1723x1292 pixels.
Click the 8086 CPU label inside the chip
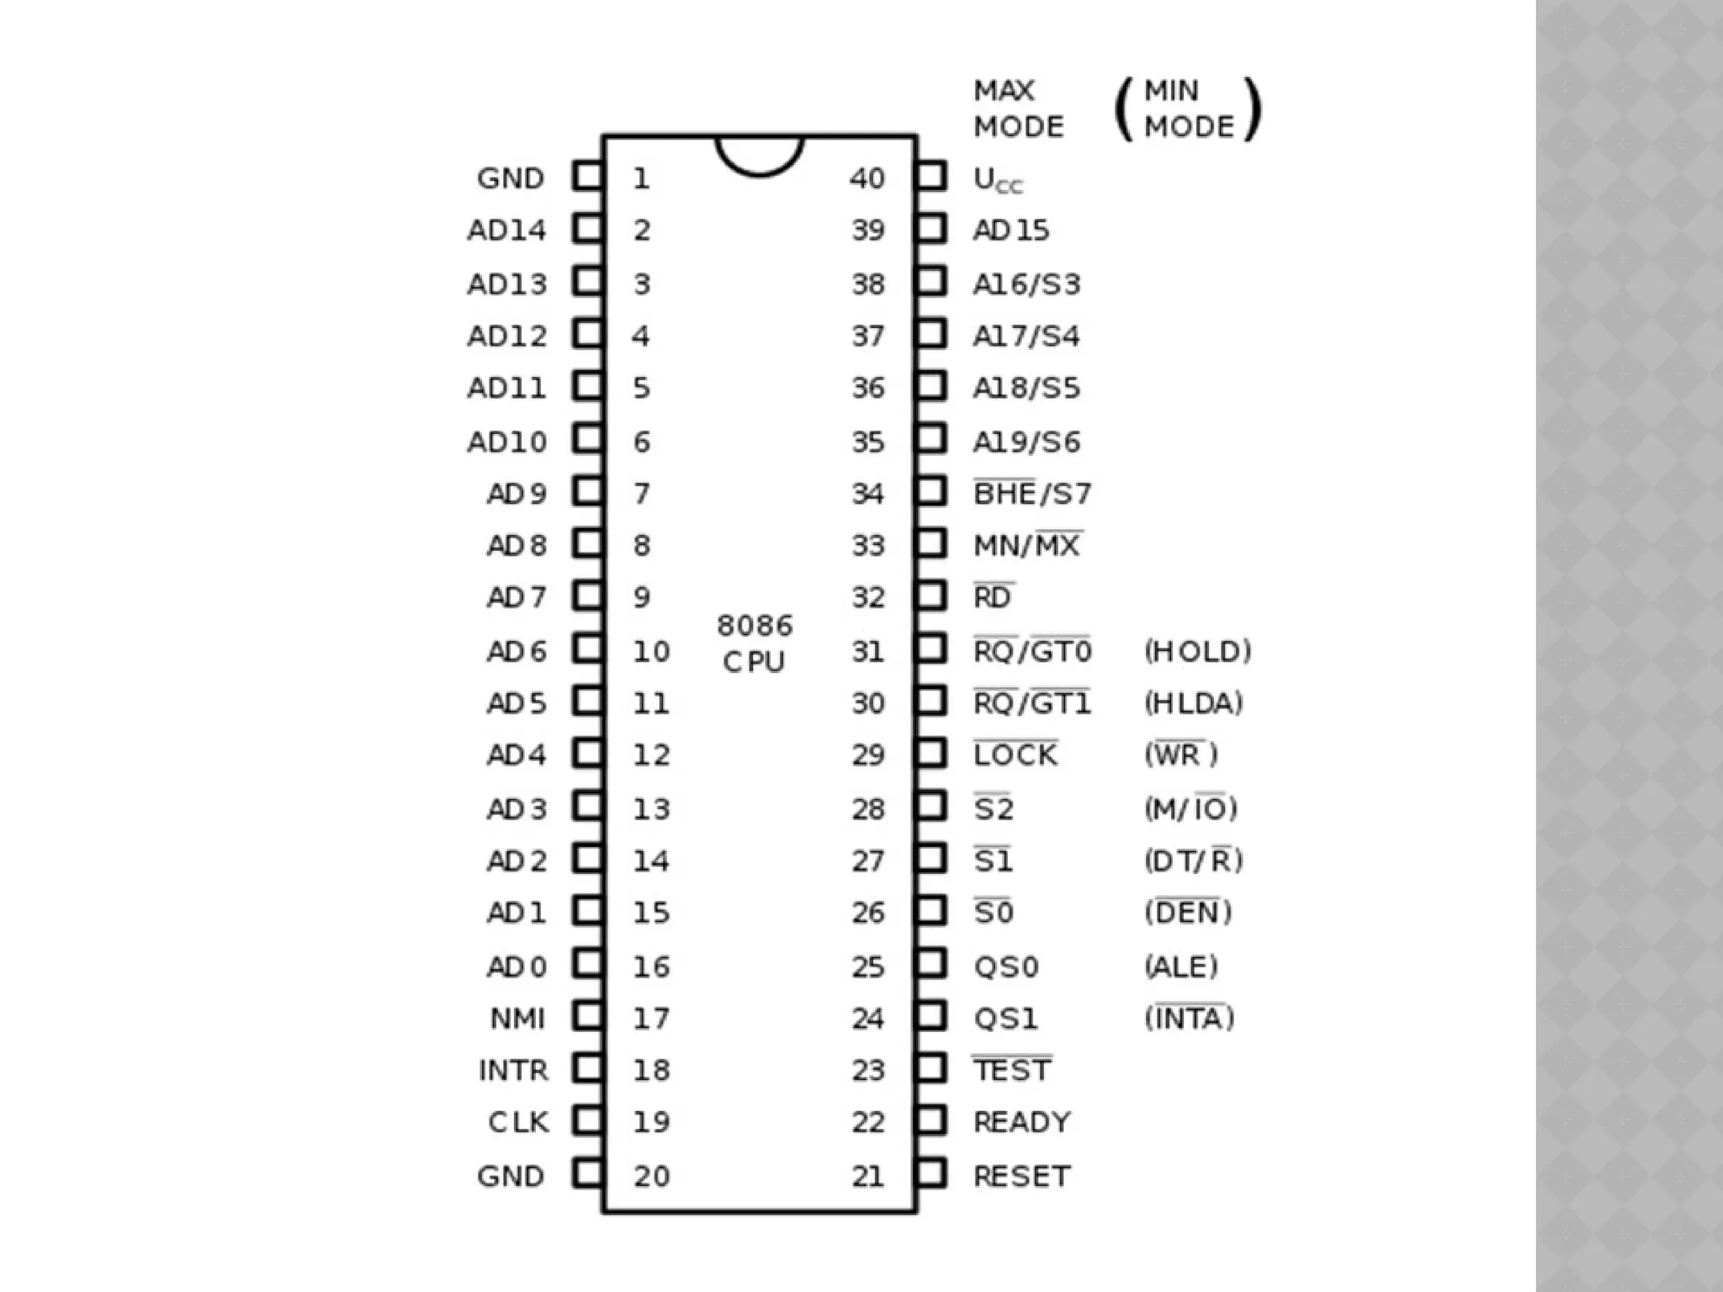(x=755, y=643)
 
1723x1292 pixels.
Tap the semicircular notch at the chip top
(x=760, y=155)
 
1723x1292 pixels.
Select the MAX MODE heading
(x=1018, y=109)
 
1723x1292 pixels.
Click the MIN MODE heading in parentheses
(x=1188, y=109)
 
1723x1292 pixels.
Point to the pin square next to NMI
(x=588, y=1016)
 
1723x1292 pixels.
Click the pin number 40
(x=867, y=178)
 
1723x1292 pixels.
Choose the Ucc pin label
(x=998, y=180)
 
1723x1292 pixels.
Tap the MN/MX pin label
(x=1026, y=545)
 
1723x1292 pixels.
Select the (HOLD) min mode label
(x=1197, y=651)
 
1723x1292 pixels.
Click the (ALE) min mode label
(x=1180, y=966)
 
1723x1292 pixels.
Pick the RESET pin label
(x=1021, y=1176)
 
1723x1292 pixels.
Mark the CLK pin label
(x=518, y=1122)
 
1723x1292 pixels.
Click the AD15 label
(x=1010, y=230)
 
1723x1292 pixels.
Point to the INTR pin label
(x=513, y=1070)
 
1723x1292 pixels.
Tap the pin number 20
(x=651, y=1176)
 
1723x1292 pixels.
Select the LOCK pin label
(x=1015, y=755)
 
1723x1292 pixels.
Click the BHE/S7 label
(x=1031, y=493)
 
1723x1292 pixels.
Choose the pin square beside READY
(x=930, y=1120)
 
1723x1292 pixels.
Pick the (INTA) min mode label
(x=1189, y=1018)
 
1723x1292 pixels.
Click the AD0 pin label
(x=517, y=966)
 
